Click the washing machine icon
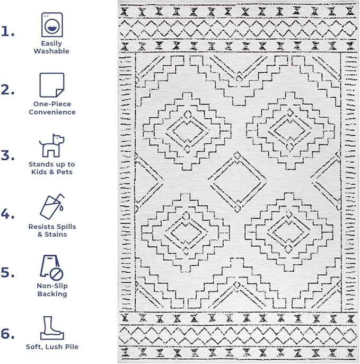pyautogui.click(x=52, y=24)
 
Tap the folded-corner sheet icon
pyautogui.click(x=52, y=85)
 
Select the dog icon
pyautogui.click(x=51, y=146)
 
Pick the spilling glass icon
pyautogui.click(x=52, y=206)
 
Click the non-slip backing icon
pyautogui.click(x=51, y=267)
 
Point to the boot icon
pyautogui.click(x=52, y=328)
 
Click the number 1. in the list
pyautogui.click(x=7, y=31)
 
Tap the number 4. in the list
pyautogui.click(x=7, y=214)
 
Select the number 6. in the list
pyautogui.click(x=7, y=334)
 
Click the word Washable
pyautogui.click(x=51, y=51)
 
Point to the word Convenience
pyautogui.click(x=52, y=112)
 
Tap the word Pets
pyautogui.click(x=65, y=172)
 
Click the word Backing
pyautogui.click(x=52, y=294)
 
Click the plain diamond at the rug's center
pyautogui.click(x=237, y=182)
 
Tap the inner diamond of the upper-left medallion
pyautogui.click(x=188, y=131)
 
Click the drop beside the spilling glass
pyautogui.click(x=62, y=208)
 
